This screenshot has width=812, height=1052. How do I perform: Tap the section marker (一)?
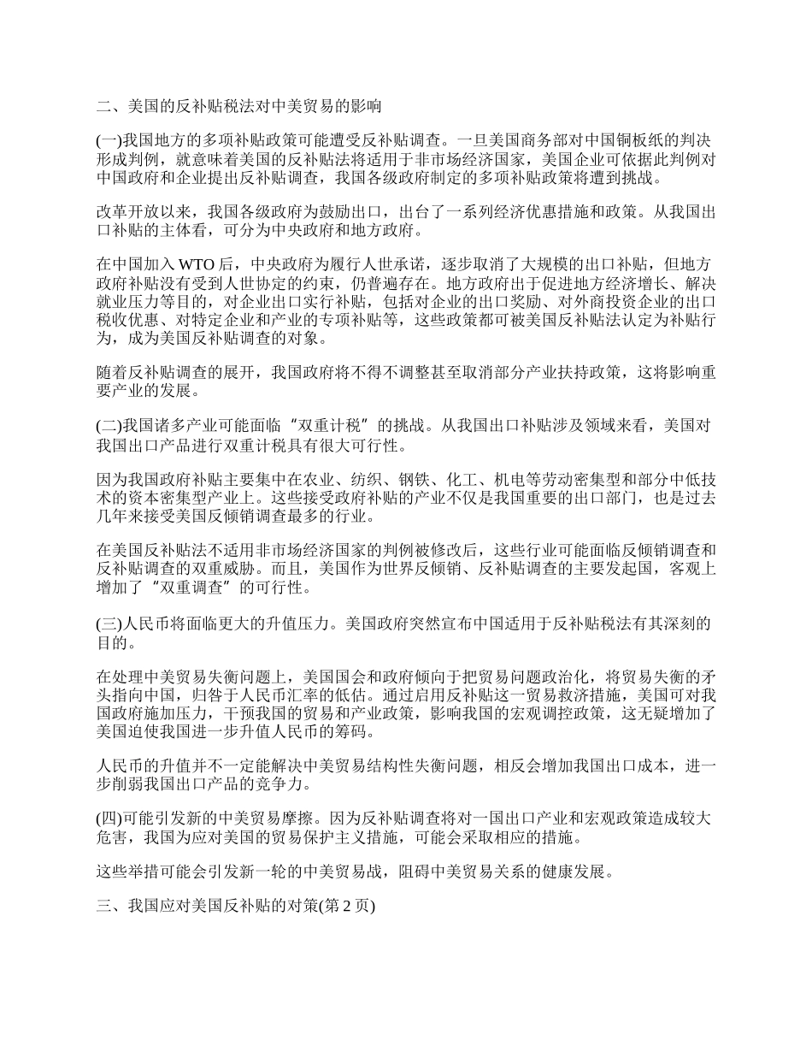coord(110,138)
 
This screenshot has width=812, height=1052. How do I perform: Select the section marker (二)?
coord(110,426)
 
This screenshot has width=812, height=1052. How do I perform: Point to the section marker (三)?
coord(110,625)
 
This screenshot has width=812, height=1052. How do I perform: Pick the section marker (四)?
coord(110,819)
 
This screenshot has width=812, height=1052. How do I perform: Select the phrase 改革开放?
coord(125,212)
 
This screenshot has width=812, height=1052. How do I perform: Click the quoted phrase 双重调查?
coord(197,589)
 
